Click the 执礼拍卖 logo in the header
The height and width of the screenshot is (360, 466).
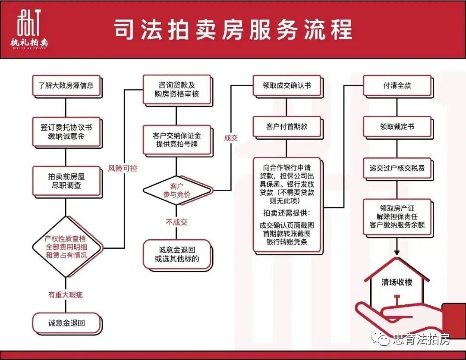click(29, 29)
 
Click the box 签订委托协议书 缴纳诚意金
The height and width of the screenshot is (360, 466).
click(66, 132)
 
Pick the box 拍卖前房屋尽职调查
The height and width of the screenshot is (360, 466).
click(66, 182)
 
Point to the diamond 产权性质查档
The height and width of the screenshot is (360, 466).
click(66, 247)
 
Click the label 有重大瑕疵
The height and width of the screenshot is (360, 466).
click(66, 294)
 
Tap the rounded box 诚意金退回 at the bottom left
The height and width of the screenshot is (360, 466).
click(66, 323)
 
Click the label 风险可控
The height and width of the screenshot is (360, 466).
click(123, 169)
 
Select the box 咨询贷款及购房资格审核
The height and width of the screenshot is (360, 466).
click(177, 90)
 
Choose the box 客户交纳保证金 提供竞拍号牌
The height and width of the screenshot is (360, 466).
click(177, 140)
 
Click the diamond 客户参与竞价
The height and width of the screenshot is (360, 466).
click(177, 191)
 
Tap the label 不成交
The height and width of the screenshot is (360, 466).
click(176, 222)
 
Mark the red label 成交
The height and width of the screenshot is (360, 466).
click(231, 138)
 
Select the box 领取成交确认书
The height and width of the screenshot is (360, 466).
click(287, 86)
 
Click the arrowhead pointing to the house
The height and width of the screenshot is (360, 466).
click(397, 252)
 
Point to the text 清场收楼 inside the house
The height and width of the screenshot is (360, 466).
click(397, 282)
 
